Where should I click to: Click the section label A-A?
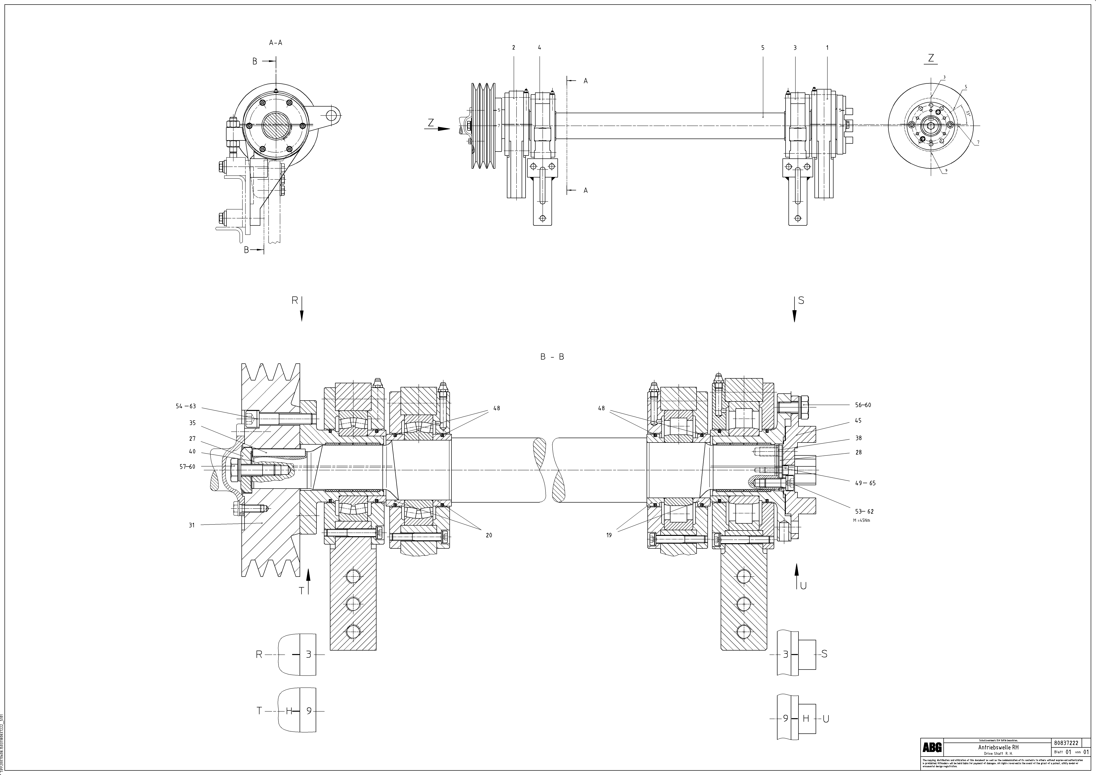pyautogui.click(x=275, y=42)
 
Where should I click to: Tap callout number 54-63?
pyautogui.click(x=186, y=407)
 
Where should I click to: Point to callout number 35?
pyautogui.click(x=192, y=423)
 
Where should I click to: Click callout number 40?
pyautogui.click(x=192, y=451)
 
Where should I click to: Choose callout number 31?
pyautogui.click(x=192, y=525)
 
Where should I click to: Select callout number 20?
pyautogui.click(x=489, y=535)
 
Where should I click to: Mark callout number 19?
pyautogui.click(x=609, y=535)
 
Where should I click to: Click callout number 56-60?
pyautogui.click(x=863, y=405)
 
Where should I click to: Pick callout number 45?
pyautogui.click(x=858, y=421)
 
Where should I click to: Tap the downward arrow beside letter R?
pyautogui.click(x=302, y=310)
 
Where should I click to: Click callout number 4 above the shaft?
pyautogui.click(x=539, y=48)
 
